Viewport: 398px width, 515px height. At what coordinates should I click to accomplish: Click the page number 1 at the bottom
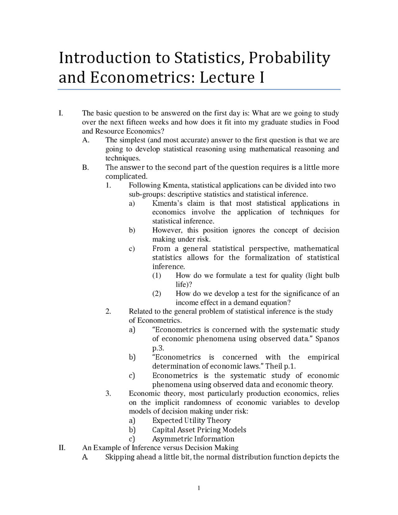click(x=199, y=488)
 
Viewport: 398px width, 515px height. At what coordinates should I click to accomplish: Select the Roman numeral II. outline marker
click(x=62, y=448)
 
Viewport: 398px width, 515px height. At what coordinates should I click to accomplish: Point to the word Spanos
click(x=327, y=339)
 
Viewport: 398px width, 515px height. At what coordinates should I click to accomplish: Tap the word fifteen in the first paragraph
click(x=137, y=122)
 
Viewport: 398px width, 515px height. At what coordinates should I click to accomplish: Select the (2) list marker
click(x=157, y=294)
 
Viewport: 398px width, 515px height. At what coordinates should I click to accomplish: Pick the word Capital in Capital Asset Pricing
click(x=164, y=430)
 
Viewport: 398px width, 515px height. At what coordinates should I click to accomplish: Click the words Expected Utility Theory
click(x=191, y=420)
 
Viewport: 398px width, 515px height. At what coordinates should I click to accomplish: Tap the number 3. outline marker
click(x=108, y=393)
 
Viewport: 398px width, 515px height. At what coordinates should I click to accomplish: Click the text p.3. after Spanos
click(x=158, y=348)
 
